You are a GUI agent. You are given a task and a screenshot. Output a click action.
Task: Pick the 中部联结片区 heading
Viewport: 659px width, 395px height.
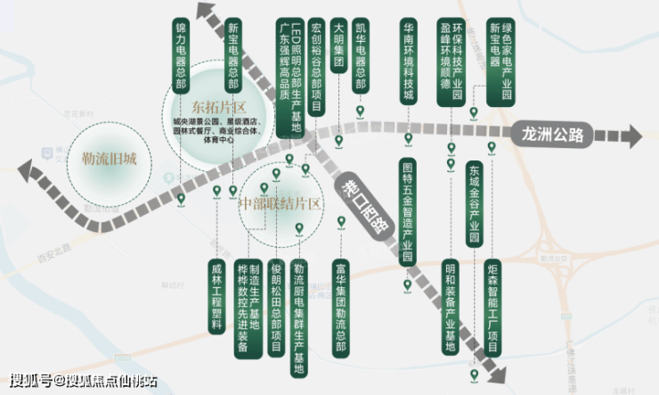coord(280,203)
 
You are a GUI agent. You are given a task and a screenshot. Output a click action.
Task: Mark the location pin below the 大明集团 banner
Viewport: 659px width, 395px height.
coord(338,141)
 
